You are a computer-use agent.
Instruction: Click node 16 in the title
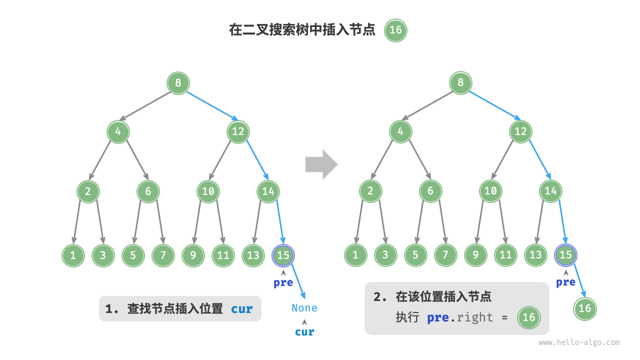[395, 30]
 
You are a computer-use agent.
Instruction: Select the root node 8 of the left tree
[178, 82]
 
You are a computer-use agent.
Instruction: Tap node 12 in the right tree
[520, 132]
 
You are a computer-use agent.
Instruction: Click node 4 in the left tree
[118, 132]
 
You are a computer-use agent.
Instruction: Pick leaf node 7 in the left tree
[163, 255]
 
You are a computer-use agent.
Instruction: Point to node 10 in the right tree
[490, 191]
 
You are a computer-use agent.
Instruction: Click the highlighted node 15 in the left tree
[283, 255]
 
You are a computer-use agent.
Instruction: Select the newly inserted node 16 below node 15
[584, 308]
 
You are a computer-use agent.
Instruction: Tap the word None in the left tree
[304, 308]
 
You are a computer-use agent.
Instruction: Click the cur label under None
[304, 332]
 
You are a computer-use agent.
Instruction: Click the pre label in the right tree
[565, 282]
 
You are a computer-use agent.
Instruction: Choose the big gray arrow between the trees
[321, 164]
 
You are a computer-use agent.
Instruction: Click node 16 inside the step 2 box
[528, 317]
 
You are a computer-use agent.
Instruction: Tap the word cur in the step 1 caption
[241, 309]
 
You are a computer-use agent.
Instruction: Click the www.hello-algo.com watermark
[578, 342]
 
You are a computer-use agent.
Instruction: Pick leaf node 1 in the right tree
[355, 255]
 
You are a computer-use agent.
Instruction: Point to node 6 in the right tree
[430, 191]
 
